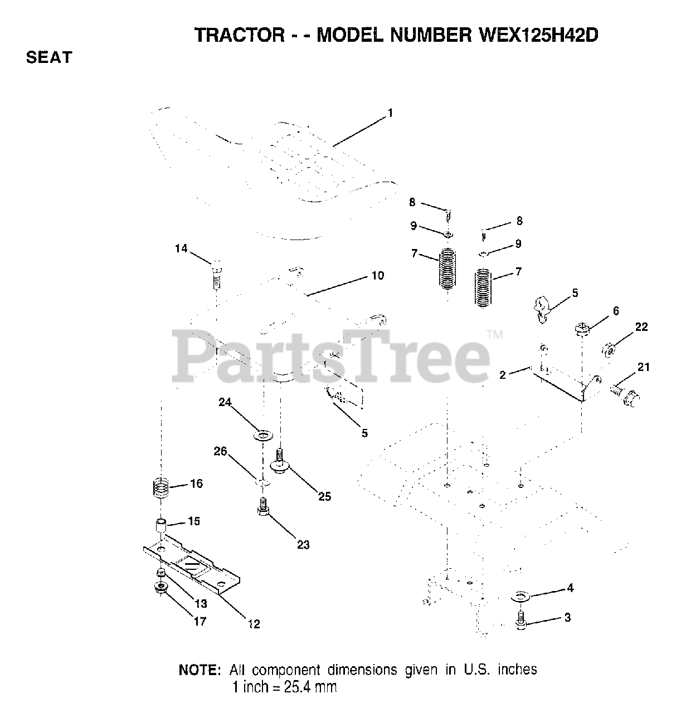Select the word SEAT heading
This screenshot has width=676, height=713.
tap(49, 57)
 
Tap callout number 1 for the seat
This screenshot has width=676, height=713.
tap(390, 113)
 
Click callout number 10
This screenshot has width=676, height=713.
tap(377, 276)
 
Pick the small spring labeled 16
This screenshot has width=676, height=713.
tap(161, 488)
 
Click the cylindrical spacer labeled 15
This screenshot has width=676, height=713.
tap(161, 526)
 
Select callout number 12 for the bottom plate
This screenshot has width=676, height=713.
tap(254, 624)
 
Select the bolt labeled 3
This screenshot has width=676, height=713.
tap(521, 621)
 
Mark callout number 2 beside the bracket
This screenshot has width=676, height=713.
tap(503, 375)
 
